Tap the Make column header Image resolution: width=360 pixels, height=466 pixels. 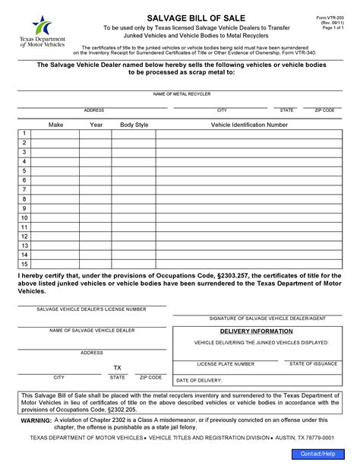[55, 124]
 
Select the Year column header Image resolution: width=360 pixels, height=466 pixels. [96, 124]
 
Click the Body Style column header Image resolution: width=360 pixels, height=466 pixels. [134, 124]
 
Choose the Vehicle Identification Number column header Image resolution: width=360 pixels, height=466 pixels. [248, 124]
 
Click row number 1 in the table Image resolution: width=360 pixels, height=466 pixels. [24, 133]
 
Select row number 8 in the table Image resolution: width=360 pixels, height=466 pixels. [24, 198]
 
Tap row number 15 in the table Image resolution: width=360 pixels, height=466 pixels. [24, 263]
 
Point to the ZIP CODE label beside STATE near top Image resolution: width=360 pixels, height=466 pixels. [324, 110]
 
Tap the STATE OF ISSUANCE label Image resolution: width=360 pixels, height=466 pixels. [312, 364]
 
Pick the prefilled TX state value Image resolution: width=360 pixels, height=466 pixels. [118, 366]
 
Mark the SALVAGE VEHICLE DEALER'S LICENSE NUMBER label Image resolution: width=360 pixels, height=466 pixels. [92, 310]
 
